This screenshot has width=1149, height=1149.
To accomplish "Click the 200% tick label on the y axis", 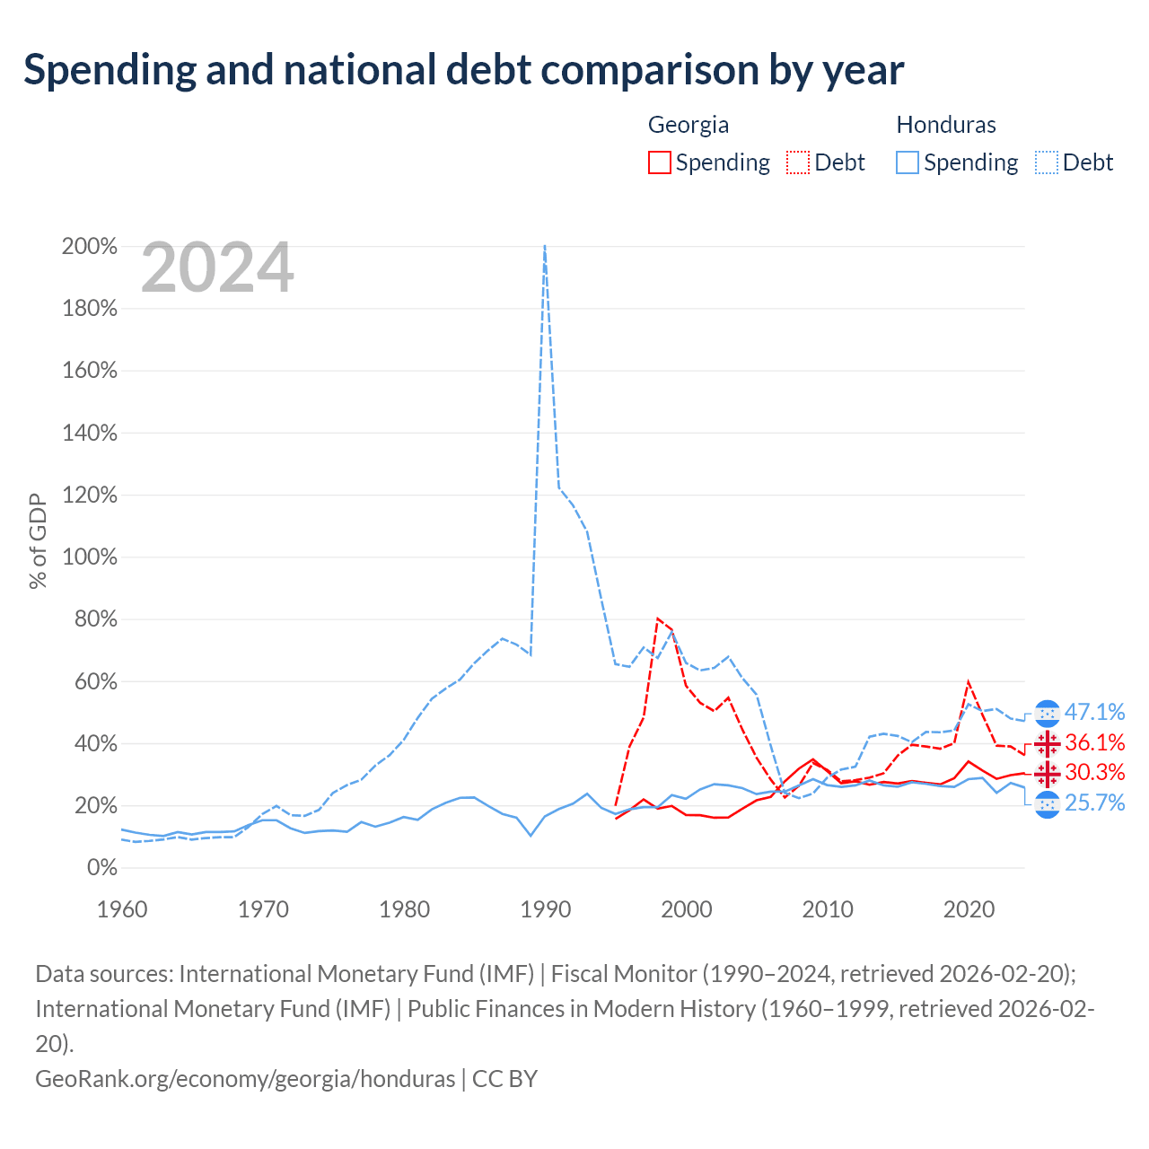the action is click(90, 246).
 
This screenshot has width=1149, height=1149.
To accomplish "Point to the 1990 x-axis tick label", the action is click(545, 909).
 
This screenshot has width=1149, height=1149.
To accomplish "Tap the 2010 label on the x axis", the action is click(827, 909).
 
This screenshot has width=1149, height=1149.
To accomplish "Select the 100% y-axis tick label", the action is click(90, 557).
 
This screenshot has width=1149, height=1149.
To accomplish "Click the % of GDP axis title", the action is click(38, 540).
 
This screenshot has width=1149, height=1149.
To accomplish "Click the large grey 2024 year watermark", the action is click(217, 268).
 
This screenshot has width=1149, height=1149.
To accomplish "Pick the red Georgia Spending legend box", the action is click(659, 162).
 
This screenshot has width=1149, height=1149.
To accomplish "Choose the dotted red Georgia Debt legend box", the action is click(797, 162).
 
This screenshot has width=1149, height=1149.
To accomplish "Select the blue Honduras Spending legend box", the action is click(907, 162).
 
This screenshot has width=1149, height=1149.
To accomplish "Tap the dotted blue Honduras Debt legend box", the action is click(1046, 162).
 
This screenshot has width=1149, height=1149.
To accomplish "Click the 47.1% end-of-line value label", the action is click(1094, 712).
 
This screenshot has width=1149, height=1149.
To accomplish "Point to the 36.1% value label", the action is click(1094, 742).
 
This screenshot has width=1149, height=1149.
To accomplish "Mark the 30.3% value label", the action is click(1094, 772).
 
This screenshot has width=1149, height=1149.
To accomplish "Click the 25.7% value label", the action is click(1094, 803).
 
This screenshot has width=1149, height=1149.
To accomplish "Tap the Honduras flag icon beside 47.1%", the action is click(1047, 713).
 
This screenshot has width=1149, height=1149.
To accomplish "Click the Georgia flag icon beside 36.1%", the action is click(1047, 743).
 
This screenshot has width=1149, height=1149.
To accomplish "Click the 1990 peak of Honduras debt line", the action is click(545, 245).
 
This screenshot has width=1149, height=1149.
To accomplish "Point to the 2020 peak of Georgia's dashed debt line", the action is click(969, 681).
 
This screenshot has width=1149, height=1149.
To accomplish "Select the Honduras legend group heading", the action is click(945, 125).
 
